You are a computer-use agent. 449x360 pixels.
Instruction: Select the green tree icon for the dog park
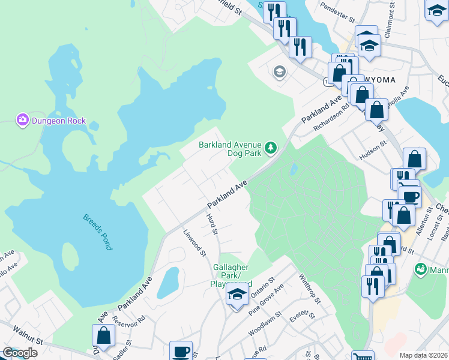pos(271,147)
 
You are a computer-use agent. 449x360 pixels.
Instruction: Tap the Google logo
pos(20,353)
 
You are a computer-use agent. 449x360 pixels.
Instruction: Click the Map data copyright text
pos(423,355)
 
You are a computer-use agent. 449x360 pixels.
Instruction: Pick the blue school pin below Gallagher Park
pos(237,295)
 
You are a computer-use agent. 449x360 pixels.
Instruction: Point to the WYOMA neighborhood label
pos(378,79)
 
